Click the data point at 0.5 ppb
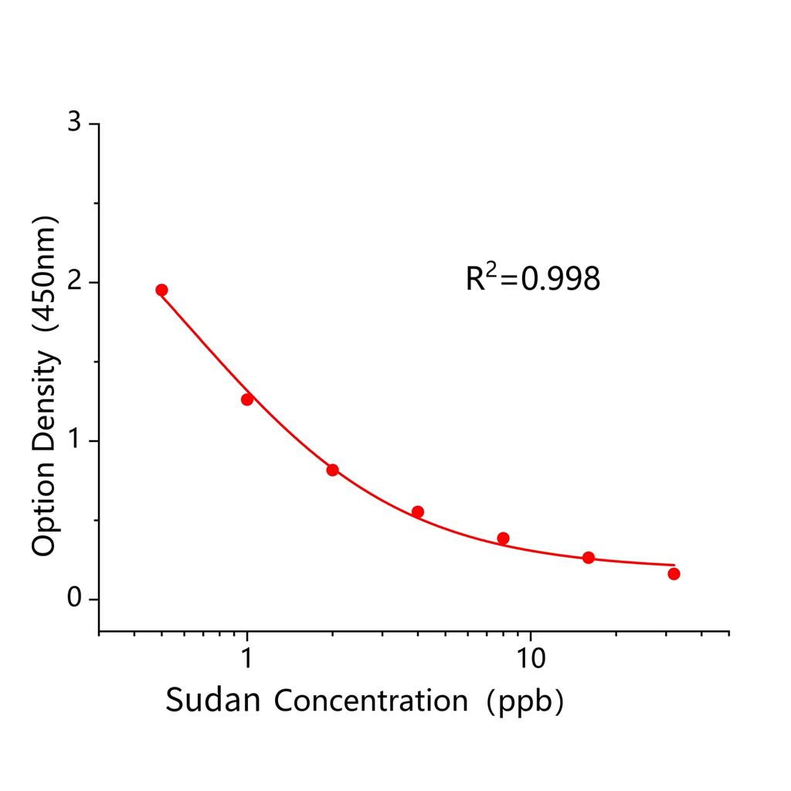[x=161, y=290]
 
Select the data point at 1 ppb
[x=247, y=399]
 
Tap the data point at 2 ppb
[x=332, y=470]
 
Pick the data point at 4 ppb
[x=418, y=511]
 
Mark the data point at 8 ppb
[x=503, y=538]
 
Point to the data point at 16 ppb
[x=589, y=558]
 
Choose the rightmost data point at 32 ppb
[x=674, y=573]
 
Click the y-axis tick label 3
[x=74, y=124]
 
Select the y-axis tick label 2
[x=74, y=282]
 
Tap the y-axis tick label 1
[x=74, y=441]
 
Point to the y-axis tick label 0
[x=74, y=599]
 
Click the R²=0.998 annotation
[x=532, y=279]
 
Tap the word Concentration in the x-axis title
[x=371, y=701]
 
